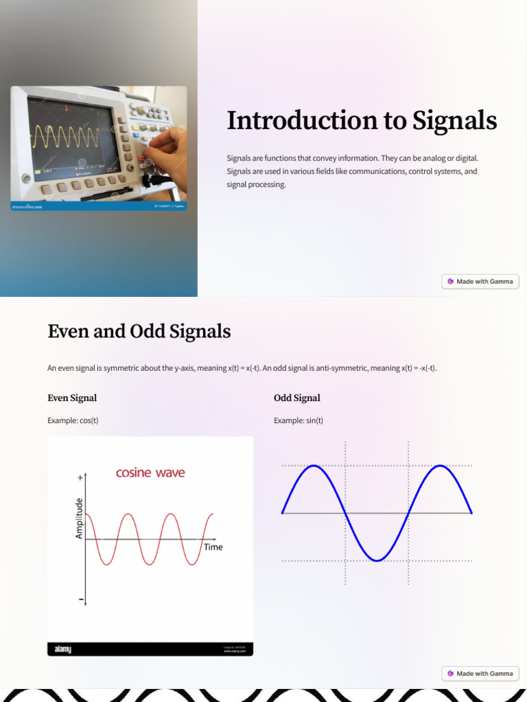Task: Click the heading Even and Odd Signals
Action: (139, 332)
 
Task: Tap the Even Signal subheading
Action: (72, 398)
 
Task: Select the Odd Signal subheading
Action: (296, 398)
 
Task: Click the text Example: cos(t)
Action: (73, 420)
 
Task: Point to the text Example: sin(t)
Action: (298, 420)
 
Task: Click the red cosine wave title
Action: (150, 473)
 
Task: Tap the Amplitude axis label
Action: (79, 518)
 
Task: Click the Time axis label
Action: (213, 547)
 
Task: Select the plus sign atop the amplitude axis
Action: (80, 476)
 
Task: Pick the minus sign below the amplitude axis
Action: (81, 600)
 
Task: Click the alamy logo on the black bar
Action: (63, 649)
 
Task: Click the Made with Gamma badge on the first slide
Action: (480, 281)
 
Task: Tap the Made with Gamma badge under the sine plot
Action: (480, 673)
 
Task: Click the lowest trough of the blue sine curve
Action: (377, 561)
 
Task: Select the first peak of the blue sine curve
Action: (314, 466)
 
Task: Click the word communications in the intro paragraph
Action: (377, 171)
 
